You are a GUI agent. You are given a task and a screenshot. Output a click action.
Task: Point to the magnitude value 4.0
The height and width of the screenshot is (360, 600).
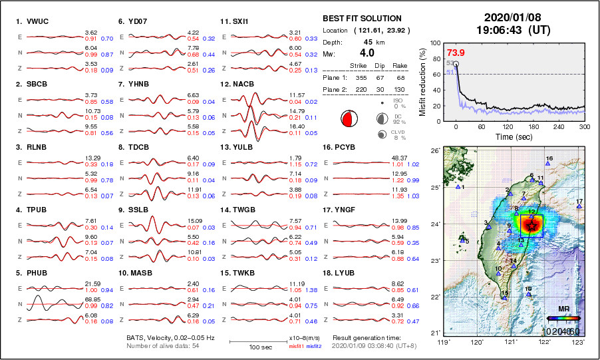367,53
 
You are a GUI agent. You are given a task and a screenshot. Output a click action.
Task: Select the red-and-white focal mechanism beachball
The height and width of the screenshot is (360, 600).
347,119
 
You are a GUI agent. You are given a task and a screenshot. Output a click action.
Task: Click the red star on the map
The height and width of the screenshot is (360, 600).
531,226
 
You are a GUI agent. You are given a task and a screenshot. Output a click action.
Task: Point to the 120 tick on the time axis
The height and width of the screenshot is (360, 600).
508,126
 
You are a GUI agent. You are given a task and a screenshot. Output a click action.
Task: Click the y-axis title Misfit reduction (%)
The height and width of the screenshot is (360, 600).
423,81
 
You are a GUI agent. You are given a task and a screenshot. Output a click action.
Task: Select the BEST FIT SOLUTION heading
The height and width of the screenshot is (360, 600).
362,19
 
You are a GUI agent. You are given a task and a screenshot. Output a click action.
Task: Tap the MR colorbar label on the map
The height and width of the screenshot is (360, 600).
563,309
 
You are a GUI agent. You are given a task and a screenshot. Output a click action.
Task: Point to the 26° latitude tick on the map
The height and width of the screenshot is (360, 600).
434,151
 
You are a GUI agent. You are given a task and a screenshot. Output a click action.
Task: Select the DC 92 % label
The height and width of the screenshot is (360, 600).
398,118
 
